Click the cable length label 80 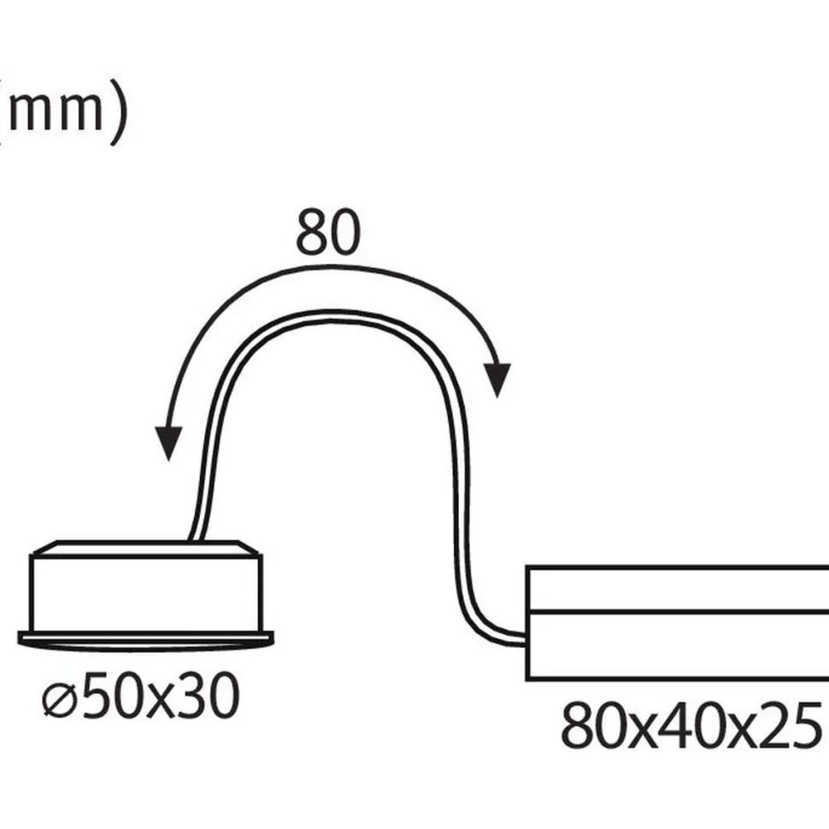click(x=328, y=232)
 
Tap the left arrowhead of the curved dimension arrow click(x=168, y=443)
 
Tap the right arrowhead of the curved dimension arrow click(x=497, y=379)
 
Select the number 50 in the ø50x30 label click(x=112, y=696)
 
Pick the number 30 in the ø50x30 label click(x=207, y=696)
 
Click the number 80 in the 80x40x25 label click(x=592, y=726)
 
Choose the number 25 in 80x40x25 click(x=790, y=726)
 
